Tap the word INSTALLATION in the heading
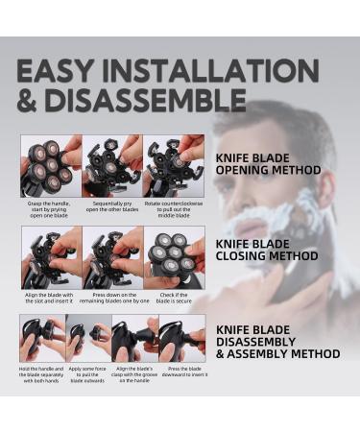point(217,71)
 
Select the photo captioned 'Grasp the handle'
point(51,165)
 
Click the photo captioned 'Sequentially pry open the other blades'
point(112,165)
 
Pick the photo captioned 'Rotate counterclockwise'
point(174,165)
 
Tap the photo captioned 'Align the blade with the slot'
point(51,257)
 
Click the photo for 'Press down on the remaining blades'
point(112,257)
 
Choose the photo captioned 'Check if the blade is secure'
point(174,257)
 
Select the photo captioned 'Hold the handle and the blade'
point(42,338)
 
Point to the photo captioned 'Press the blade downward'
point(181,338)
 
